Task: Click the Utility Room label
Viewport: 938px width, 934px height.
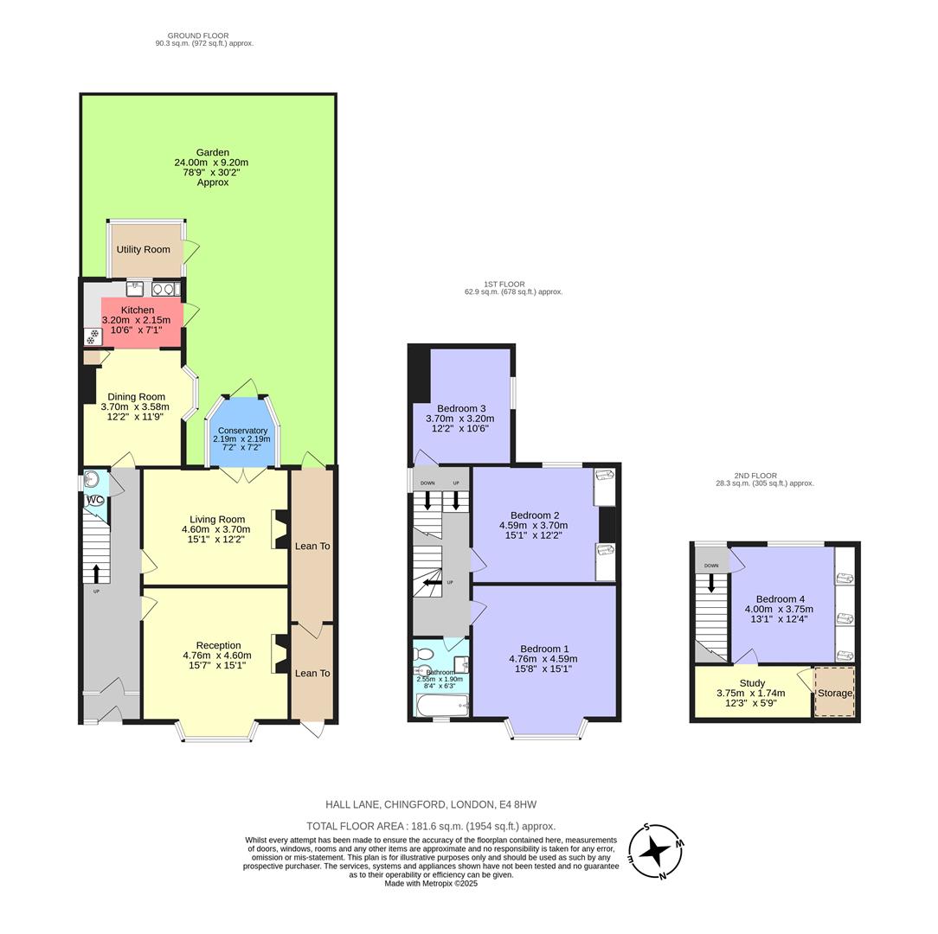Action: [x=144, y=250]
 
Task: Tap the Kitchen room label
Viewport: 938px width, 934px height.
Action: [x=138, y=310]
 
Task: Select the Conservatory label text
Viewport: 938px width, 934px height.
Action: [x=242, y=431]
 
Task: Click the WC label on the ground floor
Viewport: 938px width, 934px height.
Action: [x=95, y=500]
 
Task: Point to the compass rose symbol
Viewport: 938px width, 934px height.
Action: [x=656, y=852]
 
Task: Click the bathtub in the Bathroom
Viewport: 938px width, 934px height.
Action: [x=441, y=706]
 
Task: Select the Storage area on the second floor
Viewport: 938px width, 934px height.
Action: [x=834, y=693]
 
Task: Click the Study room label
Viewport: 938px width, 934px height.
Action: [x=752, y=682]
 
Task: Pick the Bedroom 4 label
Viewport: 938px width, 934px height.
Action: [x=780, y=599]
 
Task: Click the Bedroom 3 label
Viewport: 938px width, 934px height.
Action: [x=460, y=408]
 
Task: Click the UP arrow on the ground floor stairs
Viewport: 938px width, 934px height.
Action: [x=95, y=573]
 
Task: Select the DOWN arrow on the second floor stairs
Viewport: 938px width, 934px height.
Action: [x=712, y=583]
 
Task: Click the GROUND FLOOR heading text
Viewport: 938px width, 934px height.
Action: [x=198, y=35]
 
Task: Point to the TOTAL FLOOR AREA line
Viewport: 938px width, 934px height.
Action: [x=431, y=826]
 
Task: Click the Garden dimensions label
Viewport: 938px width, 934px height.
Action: [x=212, y=167]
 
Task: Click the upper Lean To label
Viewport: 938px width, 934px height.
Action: [x=312, y=546]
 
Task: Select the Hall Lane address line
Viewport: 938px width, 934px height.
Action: [x=431, y=804]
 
